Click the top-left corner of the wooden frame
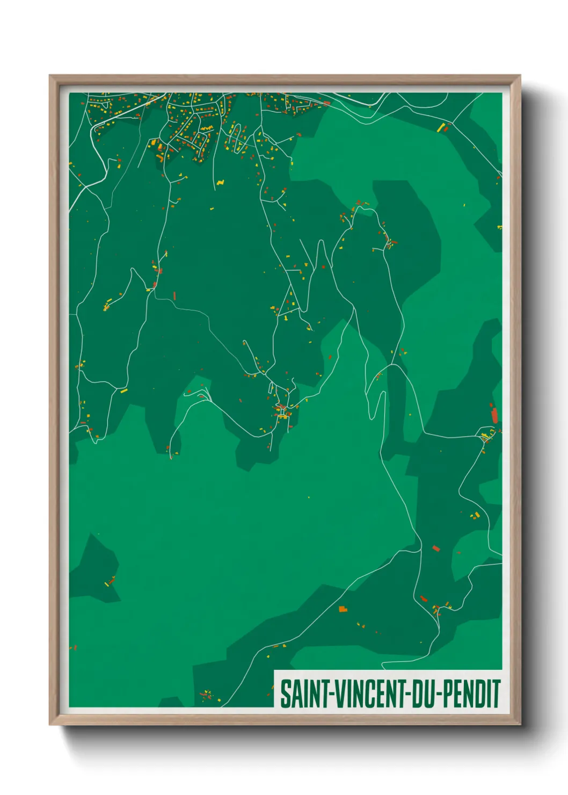tap(50, 76)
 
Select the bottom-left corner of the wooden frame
tap(50, 724)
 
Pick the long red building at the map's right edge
tap(494, 415)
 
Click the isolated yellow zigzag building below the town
tap(220, 183)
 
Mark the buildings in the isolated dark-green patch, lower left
tap(110, 582)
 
